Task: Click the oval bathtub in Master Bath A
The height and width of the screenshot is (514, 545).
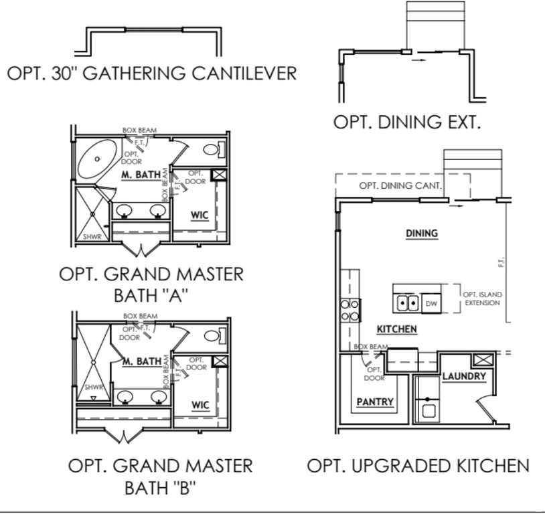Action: pyautogui.click(x=98, y=159)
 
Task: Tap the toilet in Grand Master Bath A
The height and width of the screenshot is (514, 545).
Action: pyautogui.click(x=212, y=149)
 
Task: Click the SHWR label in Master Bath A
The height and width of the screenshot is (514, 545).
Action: pyautogui.click(x=91, y=236)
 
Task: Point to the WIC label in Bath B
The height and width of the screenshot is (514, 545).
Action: pyautogui.click(x=200, y=405)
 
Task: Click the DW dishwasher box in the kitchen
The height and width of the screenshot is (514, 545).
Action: pyautogui.click(x=431, y=303)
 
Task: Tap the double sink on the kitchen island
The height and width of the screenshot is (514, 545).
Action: pyautogui.click(x=408, y=302)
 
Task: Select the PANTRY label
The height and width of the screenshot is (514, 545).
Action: pyautogui.click(x=374, y=402)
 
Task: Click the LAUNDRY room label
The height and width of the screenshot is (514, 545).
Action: pyautogui.click(x=463, y=377)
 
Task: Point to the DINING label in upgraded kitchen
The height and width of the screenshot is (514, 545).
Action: pyautogui.click(x=421, y=234)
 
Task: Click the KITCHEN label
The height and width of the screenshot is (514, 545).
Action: pyautogui.click(x=397, y=329)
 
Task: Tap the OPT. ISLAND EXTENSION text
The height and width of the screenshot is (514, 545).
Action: pyautogui.click(x=482, y=298)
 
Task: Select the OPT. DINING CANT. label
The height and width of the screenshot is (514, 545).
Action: pyautogui.click(x=400, y=185)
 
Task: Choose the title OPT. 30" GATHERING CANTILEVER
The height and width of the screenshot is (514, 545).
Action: pyautogui.click(x=151, y=73)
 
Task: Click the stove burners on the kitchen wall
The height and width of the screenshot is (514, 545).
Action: pyautogui.click(x=350, y=309)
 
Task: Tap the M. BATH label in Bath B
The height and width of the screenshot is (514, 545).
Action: pyautogui.click(x=141, y=361)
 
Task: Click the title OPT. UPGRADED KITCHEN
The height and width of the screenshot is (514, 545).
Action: pyautogui.click(x=418, y=466)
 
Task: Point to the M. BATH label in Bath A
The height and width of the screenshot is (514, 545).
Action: pyautogui.click(x=141, y=175)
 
